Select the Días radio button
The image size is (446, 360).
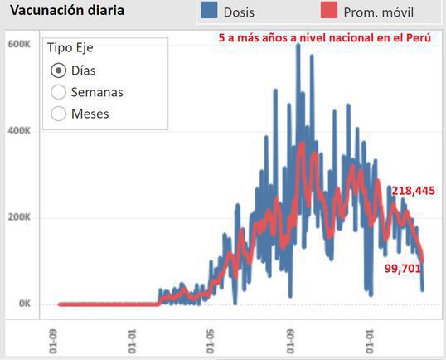[59, 71]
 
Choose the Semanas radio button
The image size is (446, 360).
[59, 92]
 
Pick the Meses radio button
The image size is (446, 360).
[59, 114]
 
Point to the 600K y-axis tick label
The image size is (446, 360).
[19, 45]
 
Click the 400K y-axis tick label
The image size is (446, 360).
[19, 131]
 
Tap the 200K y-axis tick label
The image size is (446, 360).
[19, 217]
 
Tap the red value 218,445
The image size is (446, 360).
[413, 191]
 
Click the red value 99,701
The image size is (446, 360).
[403, 268]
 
